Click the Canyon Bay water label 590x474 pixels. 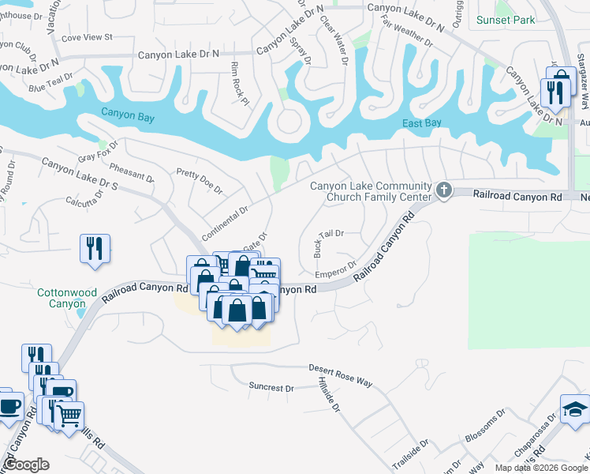(128, 117)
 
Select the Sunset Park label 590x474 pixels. (506, 20)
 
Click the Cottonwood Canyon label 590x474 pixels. (61, 298)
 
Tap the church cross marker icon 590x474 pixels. (444, 190)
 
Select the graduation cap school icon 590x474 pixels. (574, 408)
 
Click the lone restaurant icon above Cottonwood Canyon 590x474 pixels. (94, 248)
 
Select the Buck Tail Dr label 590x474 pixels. (329, 239)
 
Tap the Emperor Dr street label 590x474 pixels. (337, 269)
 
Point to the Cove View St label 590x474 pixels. (87, 37)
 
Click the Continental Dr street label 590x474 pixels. (225, 224)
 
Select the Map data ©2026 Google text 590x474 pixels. (540, 467)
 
